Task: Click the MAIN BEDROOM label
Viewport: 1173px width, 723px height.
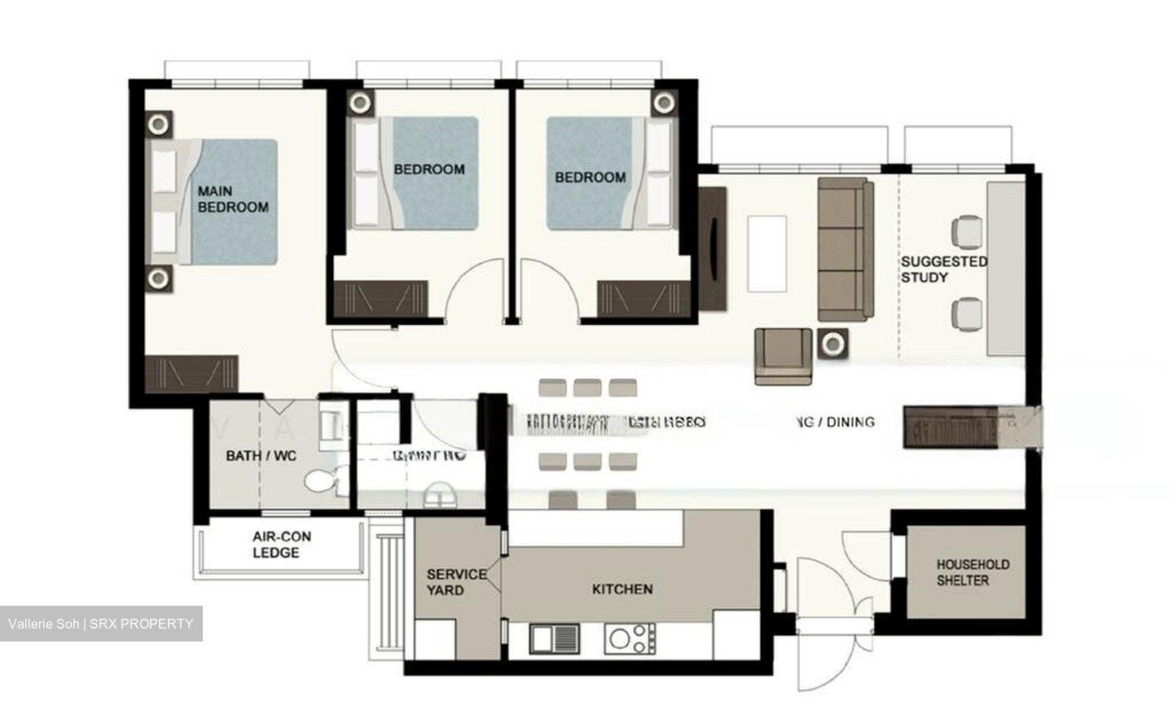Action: [x=233, y=199]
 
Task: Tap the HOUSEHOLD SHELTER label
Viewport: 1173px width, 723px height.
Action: [x=961, y=572]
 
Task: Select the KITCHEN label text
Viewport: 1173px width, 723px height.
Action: [x=622, y=589]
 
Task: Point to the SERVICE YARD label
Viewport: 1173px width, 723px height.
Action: [x=456, y=582]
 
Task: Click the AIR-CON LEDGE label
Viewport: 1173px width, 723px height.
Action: [x=281, y=545]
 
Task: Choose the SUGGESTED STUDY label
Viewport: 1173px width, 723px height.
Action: [x=943, y=269]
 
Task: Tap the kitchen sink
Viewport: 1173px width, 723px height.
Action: [x=554, y=638]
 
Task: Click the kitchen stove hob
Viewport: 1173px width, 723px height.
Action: [x=630, y=638]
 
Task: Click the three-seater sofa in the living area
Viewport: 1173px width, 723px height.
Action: [x=845, y=249]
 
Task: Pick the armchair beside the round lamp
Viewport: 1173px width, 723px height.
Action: [x=783, y=355]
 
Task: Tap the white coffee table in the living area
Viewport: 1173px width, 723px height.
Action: [x=767, y=253]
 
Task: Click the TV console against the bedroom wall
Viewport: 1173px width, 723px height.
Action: [x=712, y=248]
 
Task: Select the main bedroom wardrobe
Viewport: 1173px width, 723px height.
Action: [x=191, y=374]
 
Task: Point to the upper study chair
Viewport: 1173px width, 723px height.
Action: [x=969, y=230]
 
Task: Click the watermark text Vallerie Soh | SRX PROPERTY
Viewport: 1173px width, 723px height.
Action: [x=101, y=624]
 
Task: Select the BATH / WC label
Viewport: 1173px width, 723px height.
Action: [x=261, y=455]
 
